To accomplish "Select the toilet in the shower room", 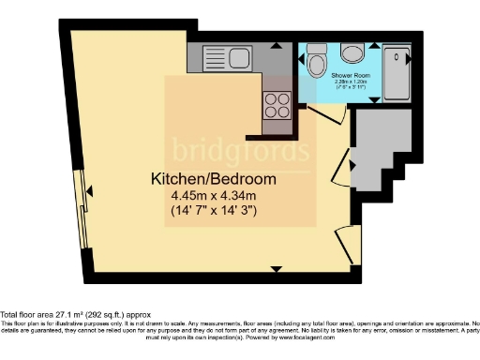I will (317, 64).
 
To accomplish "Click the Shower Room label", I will (354, 77).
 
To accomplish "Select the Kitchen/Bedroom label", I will (215, 179).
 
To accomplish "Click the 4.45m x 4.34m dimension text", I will (215, 195).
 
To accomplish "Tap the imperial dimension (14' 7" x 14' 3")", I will (215, 210).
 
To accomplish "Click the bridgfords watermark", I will (240, 150).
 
